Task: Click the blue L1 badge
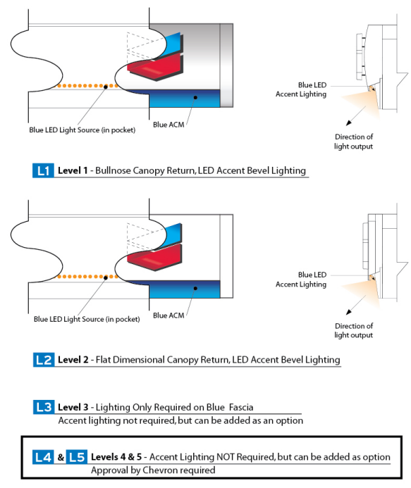click(x=43, y=170)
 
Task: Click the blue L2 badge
click(x=44, y=360)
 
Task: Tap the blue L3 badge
click(x=44, y=407)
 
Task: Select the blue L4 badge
click(x=43, y=457)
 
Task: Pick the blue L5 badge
click(x=77, y=457)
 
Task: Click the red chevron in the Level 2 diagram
click(x=155, y=258)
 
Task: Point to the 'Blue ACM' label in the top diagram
click(x=168, y=125)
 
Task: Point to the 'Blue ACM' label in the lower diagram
click(x=168, y=315)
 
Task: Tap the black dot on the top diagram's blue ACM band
click(x=195, y=97)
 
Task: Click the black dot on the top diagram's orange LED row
click(x=106, y=87)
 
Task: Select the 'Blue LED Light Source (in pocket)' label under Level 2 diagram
click(x=87, y=319)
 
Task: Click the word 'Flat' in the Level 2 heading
click(x=102, y=360)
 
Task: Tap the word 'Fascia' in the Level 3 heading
click(x=241, y=408)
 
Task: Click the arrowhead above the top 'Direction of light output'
click(x=349, y=123)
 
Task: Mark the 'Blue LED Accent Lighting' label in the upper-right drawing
click(x=301, y=89)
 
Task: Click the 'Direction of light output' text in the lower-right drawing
click(x=354, y=330)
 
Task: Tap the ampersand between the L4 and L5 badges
click(x=61, y=457)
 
